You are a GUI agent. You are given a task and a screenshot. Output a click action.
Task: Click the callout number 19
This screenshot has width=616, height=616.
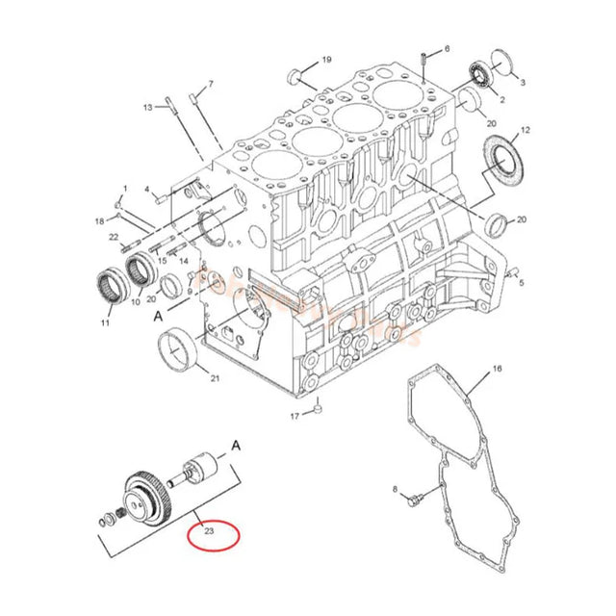(x=326, y=60)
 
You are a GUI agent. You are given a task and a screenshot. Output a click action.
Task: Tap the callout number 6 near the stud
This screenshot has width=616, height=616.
(x=446, y=48)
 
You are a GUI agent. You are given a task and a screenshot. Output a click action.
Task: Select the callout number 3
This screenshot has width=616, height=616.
(x=522, y=83)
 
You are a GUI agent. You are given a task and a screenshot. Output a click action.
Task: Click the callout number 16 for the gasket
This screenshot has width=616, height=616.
(x=497, y=369)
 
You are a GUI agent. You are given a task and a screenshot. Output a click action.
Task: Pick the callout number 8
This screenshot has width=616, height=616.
(x=394, y=491)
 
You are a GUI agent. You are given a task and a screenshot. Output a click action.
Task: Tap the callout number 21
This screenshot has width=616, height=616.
(x=215, y=378)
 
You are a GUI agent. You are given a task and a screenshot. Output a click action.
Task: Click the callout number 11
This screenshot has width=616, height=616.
(x=106, y=324)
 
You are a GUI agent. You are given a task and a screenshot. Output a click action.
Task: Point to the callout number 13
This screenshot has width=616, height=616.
(x=149, y=107)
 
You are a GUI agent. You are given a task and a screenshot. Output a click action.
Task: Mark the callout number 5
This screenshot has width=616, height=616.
(x=521, y=284)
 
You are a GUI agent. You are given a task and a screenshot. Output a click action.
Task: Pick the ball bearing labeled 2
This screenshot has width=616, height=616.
(x=479, y=72)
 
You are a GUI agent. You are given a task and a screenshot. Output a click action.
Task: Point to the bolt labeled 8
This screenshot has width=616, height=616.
(x=416, y=500)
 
